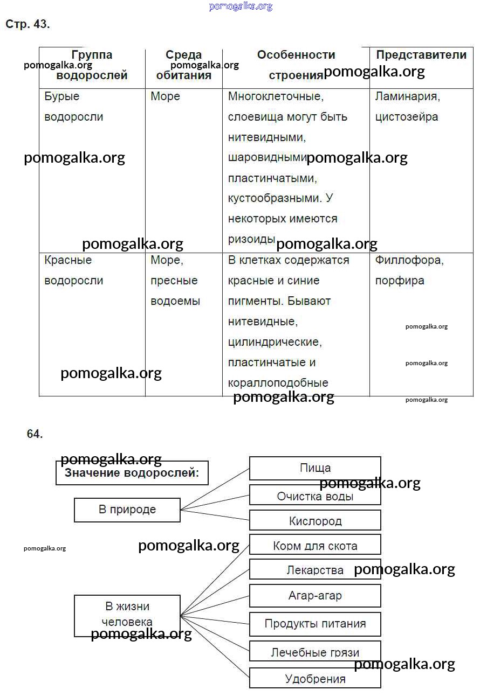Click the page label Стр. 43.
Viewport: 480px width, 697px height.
click(28, 24)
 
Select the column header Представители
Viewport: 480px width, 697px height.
click(421, 55)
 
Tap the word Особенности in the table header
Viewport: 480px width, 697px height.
click(296, 55)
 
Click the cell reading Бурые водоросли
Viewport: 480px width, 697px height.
click(73, 107)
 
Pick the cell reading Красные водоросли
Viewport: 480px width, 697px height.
click(73, 270)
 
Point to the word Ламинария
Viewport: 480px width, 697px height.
click(407, 96)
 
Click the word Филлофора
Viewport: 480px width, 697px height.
click(409, 260)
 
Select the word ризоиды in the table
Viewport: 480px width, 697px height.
click(251, 239)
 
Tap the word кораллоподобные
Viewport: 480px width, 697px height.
click(278, 383)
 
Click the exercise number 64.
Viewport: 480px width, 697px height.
click(35, 434)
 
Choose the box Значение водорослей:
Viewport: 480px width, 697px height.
click(132, 473)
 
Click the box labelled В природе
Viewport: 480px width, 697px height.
click(127, 510)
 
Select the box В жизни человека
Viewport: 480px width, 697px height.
click(127, 615)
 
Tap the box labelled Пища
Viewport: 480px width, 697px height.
click(315, 468)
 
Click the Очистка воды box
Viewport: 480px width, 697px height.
click(315, 496)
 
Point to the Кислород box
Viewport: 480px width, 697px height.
click(315, 521)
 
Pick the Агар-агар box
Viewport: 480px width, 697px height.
click(315, 596)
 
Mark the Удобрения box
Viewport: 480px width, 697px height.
click(315, 679)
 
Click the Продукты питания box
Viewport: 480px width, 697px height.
click(315, 624)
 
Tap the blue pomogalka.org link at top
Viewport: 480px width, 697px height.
click(241, 6)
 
